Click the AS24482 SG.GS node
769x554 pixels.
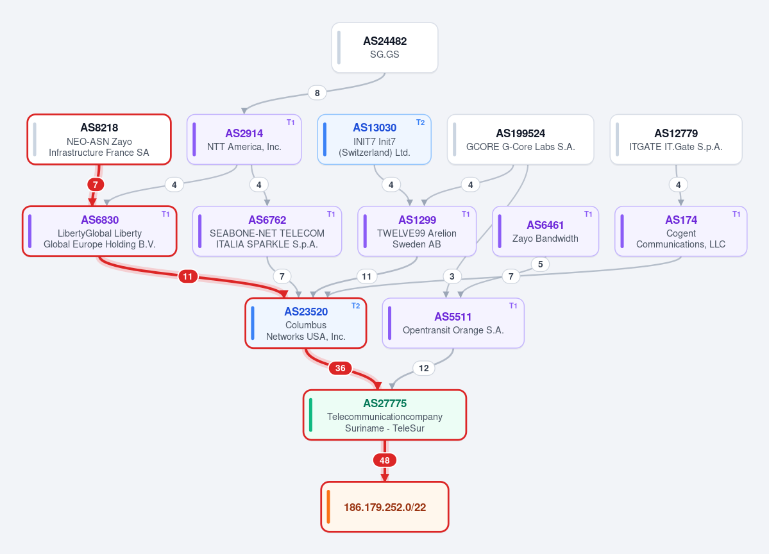(385, 47)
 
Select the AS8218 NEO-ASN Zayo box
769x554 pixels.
(99, 140)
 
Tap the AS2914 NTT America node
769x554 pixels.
(244, 140)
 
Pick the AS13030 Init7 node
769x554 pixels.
(374, 140)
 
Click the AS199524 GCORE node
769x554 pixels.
(520, 140)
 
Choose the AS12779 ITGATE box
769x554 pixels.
(676, 140)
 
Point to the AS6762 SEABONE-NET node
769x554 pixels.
(267, 231)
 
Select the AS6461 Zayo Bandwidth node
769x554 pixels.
(545, 231)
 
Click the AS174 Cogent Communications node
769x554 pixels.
(680, 231)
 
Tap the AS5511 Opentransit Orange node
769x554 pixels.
(453, 323)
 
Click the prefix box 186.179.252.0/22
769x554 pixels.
(385, 507)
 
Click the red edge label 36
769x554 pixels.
(341, 368)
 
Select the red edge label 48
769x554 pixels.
(385, 460)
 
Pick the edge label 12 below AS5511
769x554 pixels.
(424, 368)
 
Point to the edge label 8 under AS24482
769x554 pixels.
(317, 93)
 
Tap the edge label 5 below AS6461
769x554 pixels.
(541, 264)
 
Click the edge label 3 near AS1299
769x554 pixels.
(452, 276)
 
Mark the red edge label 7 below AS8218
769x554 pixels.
(96, 185)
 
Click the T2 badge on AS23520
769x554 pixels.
(355, 306)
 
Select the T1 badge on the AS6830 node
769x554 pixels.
(165, 214)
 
